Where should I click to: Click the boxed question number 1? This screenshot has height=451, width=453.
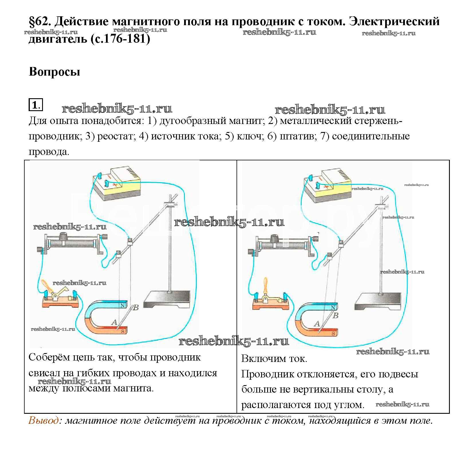[x=35, y=105]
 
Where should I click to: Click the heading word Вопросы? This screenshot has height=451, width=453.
[x=54, y=72]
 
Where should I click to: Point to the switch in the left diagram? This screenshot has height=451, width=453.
[x=60, y=298]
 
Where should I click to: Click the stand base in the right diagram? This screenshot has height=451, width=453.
[x=378, y=301]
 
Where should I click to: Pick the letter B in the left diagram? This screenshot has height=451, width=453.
[x=136, y=308]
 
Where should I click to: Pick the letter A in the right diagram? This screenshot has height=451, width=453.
[x=317, y=324]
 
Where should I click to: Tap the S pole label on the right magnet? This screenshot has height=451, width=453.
[x=333, y=334]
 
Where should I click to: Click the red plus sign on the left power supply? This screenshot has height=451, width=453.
[x=115, y=185]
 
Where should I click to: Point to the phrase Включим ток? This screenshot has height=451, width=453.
[x=274, y=359]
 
